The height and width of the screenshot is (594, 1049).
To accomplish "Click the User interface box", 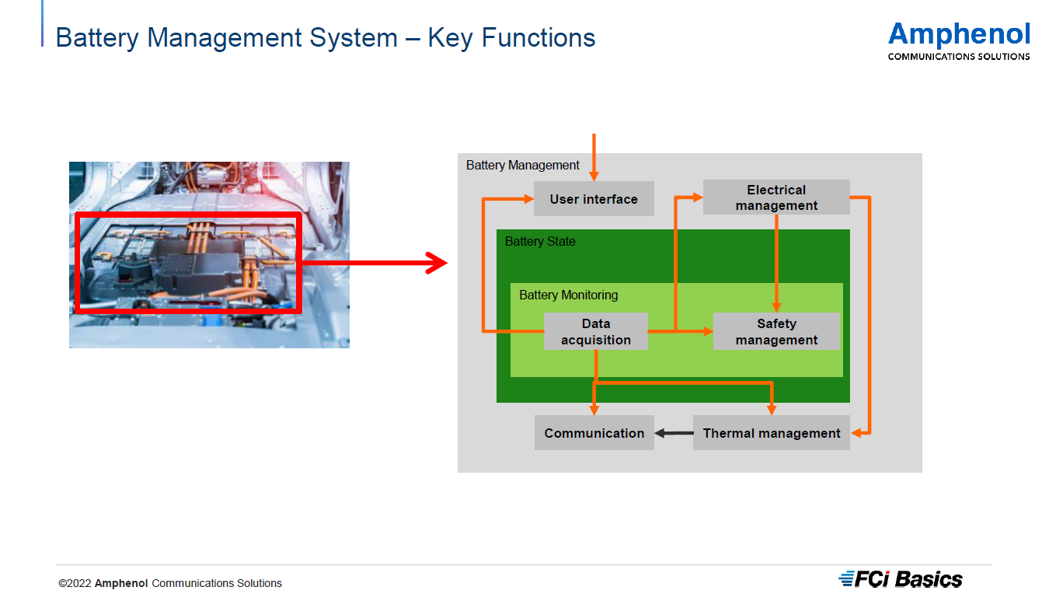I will tap(594, 199).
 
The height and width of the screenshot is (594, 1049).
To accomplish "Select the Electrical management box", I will tap(776, 197).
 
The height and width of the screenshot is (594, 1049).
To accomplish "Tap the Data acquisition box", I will tap(596, 331).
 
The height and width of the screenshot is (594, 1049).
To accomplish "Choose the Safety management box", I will tap(776, 331).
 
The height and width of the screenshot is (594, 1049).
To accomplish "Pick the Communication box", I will tap(594, 433).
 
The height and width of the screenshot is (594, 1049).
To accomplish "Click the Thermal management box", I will tap(772, 433).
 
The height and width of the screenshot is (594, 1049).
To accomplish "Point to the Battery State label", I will tap(540, 242).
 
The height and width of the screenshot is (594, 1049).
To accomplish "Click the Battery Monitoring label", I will tap(569, 295).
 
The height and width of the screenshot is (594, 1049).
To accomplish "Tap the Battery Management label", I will tap(523, 166).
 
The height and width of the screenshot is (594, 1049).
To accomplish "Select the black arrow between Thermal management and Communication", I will tap(674, 433).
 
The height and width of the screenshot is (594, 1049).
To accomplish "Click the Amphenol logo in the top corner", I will tap(959, 35).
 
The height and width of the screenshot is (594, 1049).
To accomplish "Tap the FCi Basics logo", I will tap(901, 579).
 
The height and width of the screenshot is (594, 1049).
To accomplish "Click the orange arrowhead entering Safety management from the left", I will tap(708, 331).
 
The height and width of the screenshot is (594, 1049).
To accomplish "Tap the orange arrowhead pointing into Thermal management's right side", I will tap(856, 433).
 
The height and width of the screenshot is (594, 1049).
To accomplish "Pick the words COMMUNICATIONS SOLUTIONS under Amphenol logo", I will tap(959, 57).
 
